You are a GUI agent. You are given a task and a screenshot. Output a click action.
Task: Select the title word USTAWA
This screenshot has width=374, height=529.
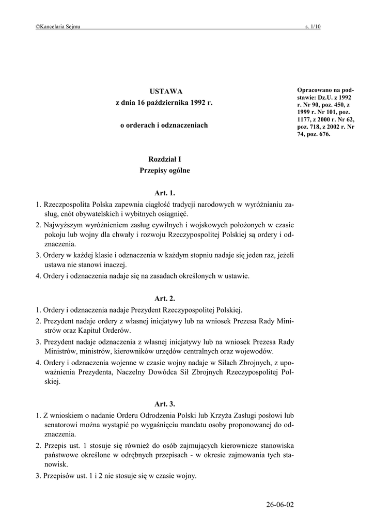tap(163, 91)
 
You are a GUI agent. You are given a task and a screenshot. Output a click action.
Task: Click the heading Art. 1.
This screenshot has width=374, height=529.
tap(165, 193)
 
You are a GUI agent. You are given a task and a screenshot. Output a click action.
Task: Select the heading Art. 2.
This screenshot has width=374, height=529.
tap(165, 299)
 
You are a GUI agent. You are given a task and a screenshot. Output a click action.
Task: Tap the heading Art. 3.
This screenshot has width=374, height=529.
tap(165, 403)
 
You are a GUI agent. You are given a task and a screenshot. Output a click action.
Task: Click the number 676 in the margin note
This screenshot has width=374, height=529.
tap(323, 134)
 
